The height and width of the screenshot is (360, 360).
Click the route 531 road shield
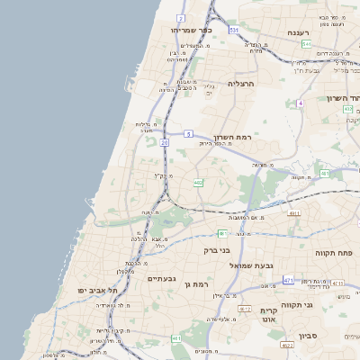pyautogui.click(x=233, y=30)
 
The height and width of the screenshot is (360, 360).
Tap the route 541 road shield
pyautogui.click(x=307, y=44)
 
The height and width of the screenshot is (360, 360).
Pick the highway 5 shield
pyautogui.click(x=190, y=133)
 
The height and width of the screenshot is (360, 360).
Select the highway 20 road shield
pyautogui.click(x=165, y=141)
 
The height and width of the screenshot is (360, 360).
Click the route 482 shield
pyautogui.click(x=198, y=183)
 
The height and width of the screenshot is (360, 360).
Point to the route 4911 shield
pyautogui.click(x=294, y=213)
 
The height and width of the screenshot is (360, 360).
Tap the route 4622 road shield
pyautogui.click(x=287, y=345)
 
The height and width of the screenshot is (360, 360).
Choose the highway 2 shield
pyautogui.click(x=181, y=18)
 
